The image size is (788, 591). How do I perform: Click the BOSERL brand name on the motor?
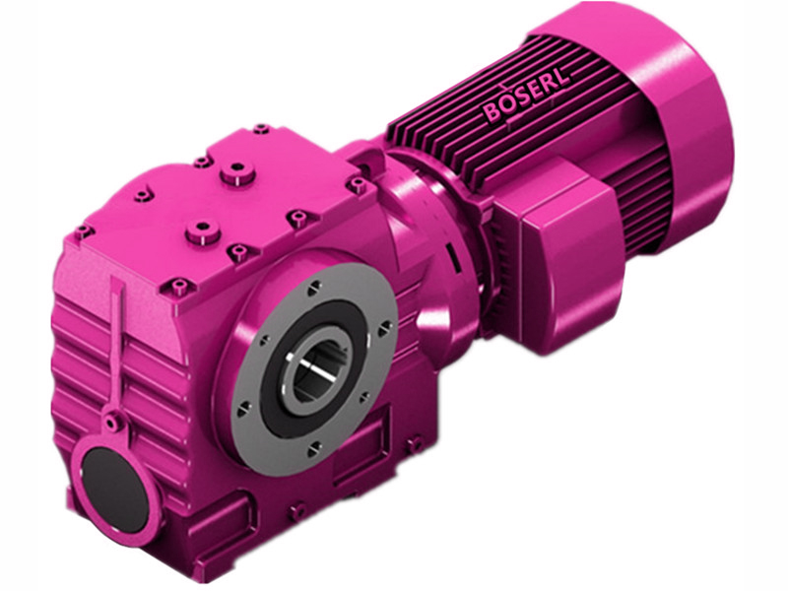click(525, 98)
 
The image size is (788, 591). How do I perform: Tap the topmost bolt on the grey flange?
click(312, 287)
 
